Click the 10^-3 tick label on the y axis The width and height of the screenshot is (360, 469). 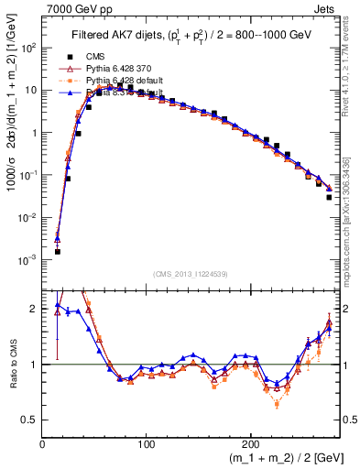(30, 259)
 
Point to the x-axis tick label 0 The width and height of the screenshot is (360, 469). (42, 442)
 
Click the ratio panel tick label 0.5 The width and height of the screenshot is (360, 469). (31, 420)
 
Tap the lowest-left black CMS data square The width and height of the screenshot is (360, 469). (57, 251)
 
